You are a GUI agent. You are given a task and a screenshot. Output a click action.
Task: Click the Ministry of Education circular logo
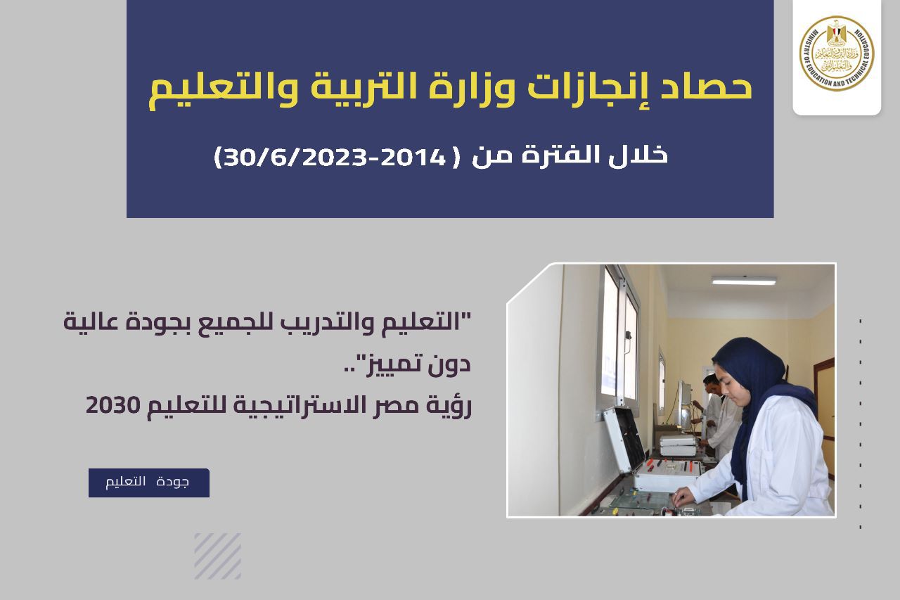point(837,53)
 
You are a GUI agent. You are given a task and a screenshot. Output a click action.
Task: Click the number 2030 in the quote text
point(112,405)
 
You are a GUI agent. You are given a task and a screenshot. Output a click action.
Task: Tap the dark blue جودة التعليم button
point(148,483)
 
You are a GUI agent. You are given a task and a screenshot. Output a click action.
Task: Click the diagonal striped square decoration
point(217,556)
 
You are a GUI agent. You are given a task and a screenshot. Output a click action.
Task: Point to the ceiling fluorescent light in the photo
point(743,281)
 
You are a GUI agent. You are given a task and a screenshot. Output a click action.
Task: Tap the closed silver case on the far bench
point(678,445)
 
